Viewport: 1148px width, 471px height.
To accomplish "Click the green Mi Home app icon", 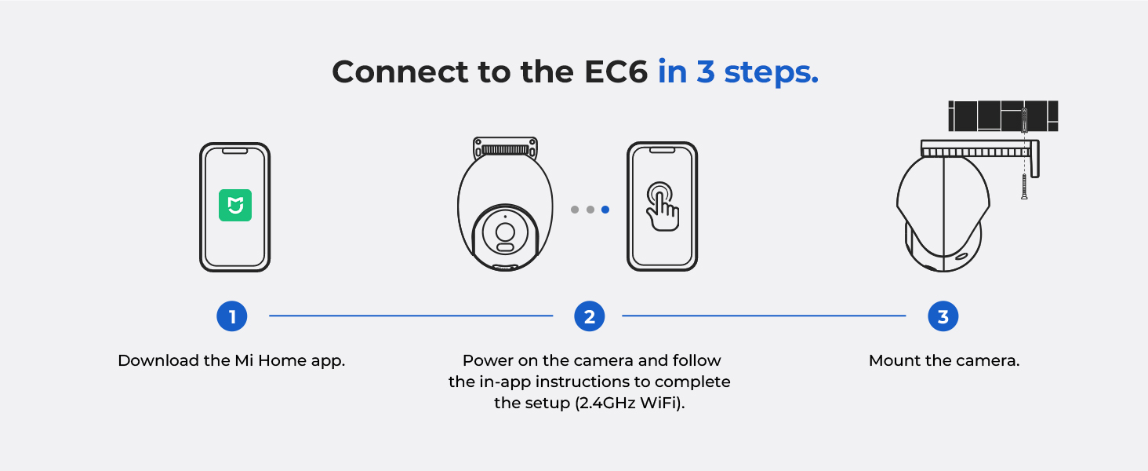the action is point(235,205).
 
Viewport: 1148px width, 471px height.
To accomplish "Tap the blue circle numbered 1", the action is point(231,316).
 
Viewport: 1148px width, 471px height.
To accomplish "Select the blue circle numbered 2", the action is point(590,316).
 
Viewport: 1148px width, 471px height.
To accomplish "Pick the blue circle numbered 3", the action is point(943,316).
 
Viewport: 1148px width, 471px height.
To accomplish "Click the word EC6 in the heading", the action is point(616,71).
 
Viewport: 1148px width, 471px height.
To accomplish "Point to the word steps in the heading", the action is point(771,72).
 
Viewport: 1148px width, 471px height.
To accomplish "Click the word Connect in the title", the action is point(400,71).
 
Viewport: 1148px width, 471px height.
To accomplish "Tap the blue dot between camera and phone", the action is point(605,210).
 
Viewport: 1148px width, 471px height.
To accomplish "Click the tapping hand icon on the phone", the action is point(662,206).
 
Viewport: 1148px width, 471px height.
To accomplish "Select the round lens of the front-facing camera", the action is point(505,232).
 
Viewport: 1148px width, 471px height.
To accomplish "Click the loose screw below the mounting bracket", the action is point(1024,186).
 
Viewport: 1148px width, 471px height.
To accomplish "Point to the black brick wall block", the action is point(1003,116).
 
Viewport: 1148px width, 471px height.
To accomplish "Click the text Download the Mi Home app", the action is point(231,360).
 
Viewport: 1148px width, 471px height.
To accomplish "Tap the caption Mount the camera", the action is point(944,360).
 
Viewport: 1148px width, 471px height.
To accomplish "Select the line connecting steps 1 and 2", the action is point(411,316).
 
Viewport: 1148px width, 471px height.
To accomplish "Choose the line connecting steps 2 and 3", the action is point(764,316).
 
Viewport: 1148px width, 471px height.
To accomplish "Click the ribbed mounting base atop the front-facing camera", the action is point(505,148).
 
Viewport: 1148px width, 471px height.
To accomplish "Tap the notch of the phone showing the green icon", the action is point(234,152).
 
